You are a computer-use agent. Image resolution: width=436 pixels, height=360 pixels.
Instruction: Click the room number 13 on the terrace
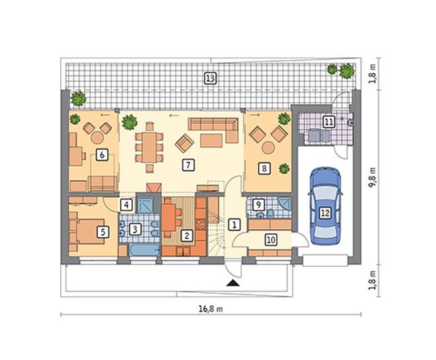pos(210,78)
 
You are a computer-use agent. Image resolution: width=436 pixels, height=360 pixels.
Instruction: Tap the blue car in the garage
pos(325,205)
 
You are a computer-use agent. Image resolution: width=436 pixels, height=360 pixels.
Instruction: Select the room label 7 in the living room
pos(188,165)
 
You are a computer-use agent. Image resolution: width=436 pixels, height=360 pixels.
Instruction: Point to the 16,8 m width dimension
pos(211,309)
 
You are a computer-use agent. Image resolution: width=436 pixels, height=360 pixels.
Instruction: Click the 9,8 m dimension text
pos(373,178)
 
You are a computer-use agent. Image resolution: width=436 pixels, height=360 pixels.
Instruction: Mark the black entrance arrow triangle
pos(233,283)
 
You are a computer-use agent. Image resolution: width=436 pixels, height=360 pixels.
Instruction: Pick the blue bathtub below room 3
pos(145,250)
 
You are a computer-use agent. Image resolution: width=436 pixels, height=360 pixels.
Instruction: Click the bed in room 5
pos(88,231)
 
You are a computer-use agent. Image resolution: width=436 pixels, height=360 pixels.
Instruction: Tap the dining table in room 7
pos(149,147)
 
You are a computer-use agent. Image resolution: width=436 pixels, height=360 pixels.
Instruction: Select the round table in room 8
pos(269,147)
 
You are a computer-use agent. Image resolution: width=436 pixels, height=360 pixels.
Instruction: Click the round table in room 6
pos(97,137)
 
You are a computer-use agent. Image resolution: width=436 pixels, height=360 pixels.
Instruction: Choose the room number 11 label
pos(329,122)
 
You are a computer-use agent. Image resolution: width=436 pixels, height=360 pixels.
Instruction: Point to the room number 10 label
pos(271,240)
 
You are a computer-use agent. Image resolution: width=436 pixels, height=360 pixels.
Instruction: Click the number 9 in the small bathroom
pos(258,205)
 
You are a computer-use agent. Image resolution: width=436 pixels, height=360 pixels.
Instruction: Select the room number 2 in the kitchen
pos(186,235)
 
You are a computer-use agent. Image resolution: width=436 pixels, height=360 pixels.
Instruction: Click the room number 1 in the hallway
pos(235,224)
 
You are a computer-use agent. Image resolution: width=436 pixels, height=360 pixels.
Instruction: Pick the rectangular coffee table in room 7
pos(211,140)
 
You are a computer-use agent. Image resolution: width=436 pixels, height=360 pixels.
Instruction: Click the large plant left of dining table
pos(129,122)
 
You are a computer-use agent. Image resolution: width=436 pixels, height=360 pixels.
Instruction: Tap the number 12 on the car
pos(325,213)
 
